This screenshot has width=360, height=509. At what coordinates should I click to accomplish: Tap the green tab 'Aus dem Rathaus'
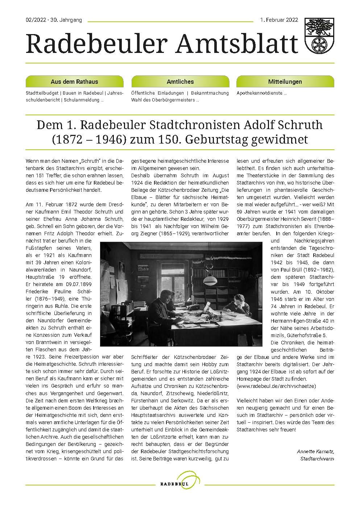pyautogui.click(x=74, y=82)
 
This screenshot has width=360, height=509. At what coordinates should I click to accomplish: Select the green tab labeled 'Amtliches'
pyautogui.click(x=180, y=82)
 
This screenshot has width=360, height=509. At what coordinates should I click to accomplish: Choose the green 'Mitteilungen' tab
pyautogui.click(x=285, y=82)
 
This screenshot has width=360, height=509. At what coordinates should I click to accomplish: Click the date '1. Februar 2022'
pyautogui.click(x=279, y=20)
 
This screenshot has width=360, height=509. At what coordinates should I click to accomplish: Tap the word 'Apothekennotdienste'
pyautogui.click(x=260, y=93)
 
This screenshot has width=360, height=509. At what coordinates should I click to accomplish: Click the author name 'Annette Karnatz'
pyautogui.click(x=315, y=451)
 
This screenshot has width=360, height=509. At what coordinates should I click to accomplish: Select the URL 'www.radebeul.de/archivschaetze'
pyautogui.click(x=276, y=386)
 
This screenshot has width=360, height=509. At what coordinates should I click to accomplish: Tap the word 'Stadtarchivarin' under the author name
pyautogui.click(x=317, y=459)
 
